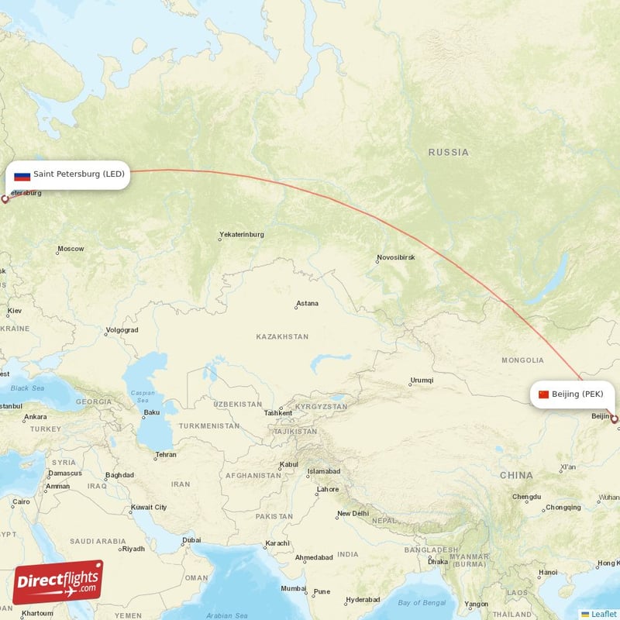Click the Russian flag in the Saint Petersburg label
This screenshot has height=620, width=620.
pyautogui.click(x=22, y=175)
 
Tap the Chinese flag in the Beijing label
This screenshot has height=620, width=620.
pyautogui.click(x=543, y=394)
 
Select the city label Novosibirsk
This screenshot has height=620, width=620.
pyautogui.click(x=395, y=257)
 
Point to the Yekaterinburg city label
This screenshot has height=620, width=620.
pyautogui.click(x=241, y=234)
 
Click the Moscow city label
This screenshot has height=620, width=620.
pyautogui.click(x=71, y=249)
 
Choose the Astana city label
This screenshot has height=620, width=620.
pyautogui.click(x=307, y=304)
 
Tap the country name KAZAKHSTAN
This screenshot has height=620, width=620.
pyautogui.click(x=282, y=337)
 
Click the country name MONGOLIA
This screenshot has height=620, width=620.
pyautogui.click(x=522, y=360)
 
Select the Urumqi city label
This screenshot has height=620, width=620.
pyautogui.click(x=422, y=381)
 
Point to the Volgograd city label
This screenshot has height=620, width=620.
pyautogui.click(x=122, y=330)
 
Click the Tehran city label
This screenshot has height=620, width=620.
pyautogui.click(x=165, y=455)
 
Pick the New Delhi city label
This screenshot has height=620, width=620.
pyautogui.click(x=353, y=514)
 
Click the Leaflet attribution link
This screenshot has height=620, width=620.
pyautogui.click(x=604, y=614)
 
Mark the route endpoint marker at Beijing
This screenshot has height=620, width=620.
pyautogui.click(x=615, y=419)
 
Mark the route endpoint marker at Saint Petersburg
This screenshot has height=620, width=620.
pyautogui.click(x=5, y=199)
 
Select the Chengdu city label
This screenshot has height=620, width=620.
pyautogui.click(x=526, y=497)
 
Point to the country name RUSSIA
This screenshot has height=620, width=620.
pyautogui.click(x=448, y=153)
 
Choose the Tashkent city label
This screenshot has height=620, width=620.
pyautogui.click(x=278, y=413)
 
